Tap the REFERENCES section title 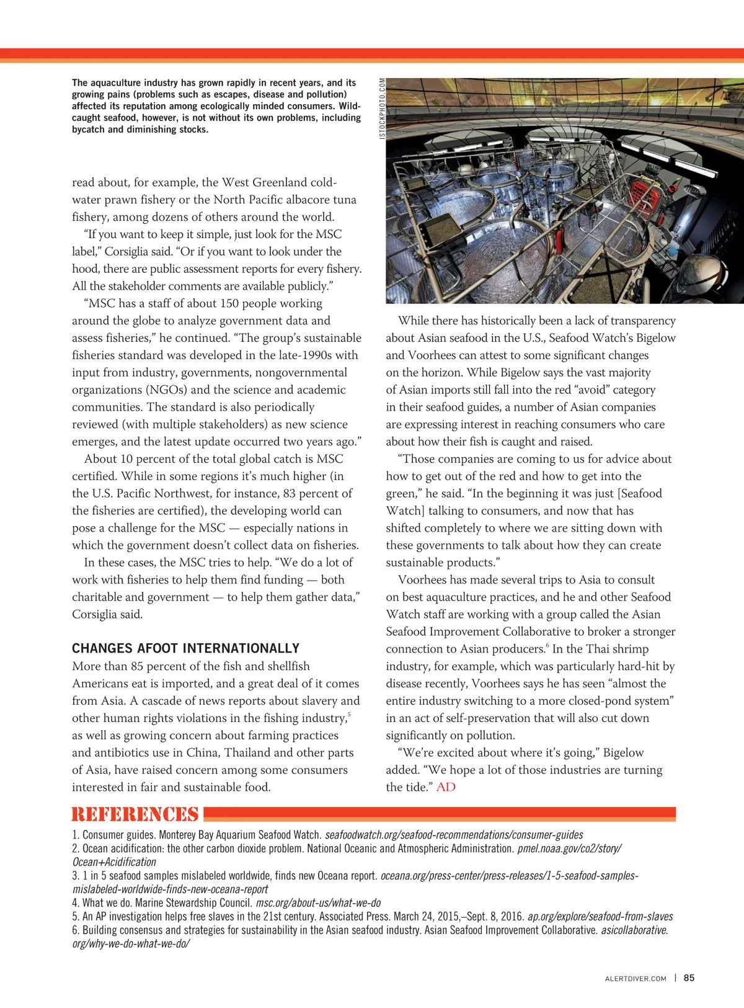pyautogui.click(x=135, y=814)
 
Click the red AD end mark pyautogui.click(x=446, y=787)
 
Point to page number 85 pyautogui.click(x=689, y=978)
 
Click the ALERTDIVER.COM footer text pyautogui.click(x=635, y=978)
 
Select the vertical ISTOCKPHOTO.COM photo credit pyautogui.click(x=382, y=108)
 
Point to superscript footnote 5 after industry pyautogui.click(x=349, y=715)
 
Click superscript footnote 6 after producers pyautogui.click(x=547, y=646)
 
